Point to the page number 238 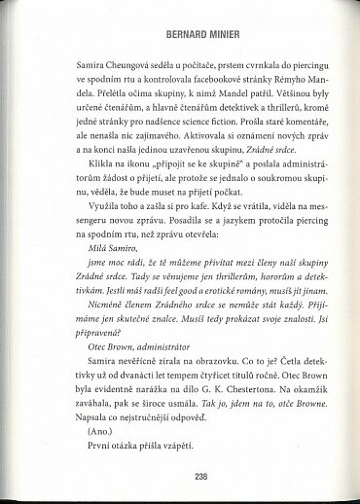(x=180, y=478)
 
